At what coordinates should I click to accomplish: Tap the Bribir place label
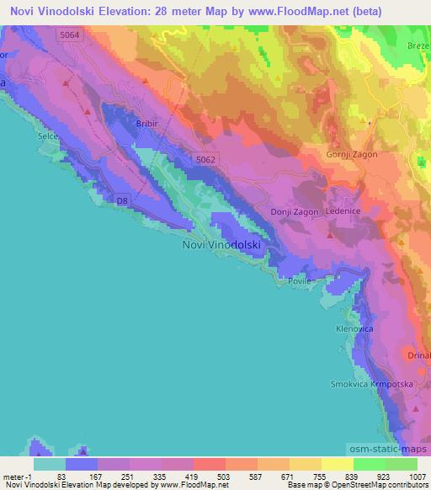pos(146,123)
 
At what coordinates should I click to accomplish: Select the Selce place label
pos(48,135)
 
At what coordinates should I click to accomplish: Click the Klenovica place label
pos(354,328)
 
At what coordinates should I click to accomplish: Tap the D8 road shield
pos(122,200)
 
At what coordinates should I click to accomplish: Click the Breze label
pos(418,45)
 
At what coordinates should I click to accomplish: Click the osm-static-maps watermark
pos(391,450)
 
